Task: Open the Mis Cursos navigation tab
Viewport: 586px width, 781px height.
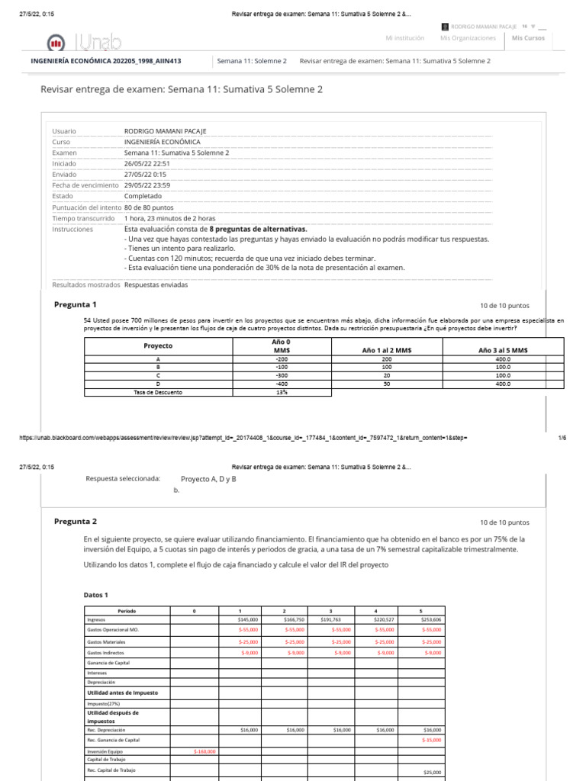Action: pos(528,38)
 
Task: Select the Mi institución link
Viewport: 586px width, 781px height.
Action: pos(404,38)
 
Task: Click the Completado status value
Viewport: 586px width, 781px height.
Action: pos(143,196)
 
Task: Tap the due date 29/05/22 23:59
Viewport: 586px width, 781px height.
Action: pos(146,185)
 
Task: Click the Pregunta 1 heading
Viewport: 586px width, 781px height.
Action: pos(75,304)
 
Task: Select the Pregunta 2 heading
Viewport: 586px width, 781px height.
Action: pos(75,522)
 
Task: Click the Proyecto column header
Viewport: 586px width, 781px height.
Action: pos(159,346)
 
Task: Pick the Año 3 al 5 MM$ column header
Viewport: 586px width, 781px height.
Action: pos(503,350)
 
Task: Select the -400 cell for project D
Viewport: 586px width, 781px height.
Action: pos(282,384)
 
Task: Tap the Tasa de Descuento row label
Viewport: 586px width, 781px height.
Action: pos(159,393)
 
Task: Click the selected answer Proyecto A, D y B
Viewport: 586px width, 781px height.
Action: pos(208,479)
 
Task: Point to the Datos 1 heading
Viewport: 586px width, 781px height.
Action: pos(95,595)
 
